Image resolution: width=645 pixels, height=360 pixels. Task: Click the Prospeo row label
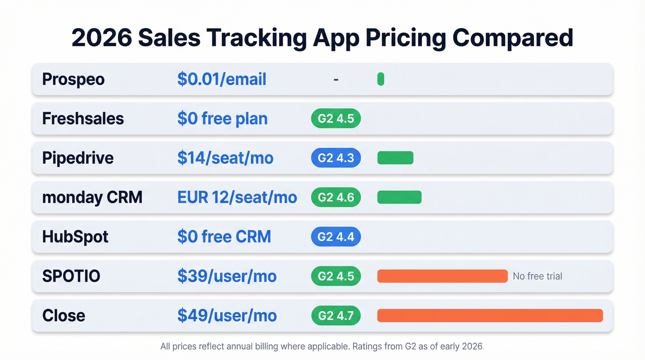coord(73,79)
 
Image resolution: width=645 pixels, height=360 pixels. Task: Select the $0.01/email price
coord(222,79)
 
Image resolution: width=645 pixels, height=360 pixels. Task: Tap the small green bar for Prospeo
coord(381,79)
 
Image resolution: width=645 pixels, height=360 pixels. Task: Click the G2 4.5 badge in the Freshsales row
coord(336,118)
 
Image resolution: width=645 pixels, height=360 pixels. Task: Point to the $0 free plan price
coord(222,118)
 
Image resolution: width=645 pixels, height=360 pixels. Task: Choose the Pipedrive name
coord(77,158)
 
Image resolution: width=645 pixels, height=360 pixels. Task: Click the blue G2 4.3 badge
coord(336,158)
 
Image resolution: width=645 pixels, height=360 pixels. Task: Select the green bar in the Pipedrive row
coord(395,158)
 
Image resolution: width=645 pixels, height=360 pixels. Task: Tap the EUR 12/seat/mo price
coord(237,197)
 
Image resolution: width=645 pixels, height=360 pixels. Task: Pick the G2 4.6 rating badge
coord(336,197)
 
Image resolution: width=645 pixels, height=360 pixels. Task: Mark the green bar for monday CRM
coord(399,197)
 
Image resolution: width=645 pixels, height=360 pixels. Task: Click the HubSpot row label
coord(75,237)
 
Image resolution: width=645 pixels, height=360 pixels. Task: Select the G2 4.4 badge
coord(336,237)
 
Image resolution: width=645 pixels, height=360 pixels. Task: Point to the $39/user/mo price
coord(227,276)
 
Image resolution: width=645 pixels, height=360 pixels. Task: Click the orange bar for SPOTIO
coord(442,276)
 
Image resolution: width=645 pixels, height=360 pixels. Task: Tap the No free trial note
coord(537,276)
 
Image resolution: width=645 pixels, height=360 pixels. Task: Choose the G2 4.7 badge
coord(336,316)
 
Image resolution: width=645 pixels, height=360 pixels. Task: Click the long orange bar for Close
coord(490,316)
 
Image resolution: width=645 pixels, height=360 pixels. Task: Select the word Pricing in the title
coord(405,38)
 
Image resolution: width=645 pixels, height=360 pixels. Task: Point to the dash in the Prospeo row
coord(336,79)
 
